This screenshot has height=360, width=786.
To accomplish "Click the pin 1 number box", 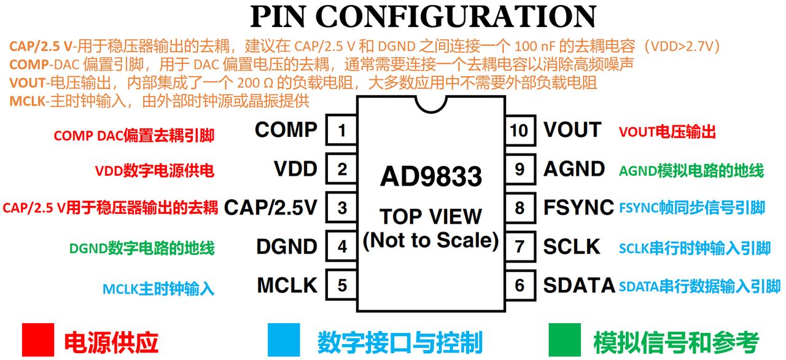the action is (341, 130).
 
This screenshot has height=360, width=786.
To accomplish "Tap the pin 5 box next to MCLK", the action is (341, 285).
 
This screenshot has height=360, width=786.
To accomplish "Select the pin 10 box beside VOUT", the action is (520, 130).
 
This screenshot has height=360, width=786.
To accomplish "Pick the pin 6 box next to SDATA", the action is (520, 285).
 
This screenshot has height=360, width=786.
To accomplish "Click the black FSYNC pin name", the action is (578, 208).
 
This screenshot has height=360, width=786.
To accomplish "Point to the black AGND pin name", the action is (574, 169).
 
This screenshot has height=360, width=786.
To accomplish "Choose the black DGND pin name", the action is (287, 246).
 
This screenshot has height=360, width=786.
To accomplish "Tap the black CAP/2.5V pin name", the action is (271, 208).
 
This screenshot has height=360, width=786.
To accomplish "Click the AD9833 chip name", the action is (431, 176).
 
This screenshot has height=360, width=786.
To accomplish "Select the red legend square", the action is (38, 340).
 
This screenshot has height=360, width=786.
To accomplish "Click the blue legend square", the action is (284, 340).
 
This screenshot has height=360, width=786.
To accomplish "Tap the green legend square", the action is (564, 340).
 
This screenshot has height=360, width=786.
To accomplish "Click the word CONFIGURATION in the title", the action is (456, 17).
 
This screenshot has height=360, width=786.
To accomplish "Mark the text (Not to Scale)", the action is (431, 241).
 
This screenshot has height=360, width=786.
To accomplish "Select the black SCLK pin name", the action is (572, 246).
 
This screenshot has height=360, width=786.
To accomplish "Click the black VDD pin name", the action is (295, 169).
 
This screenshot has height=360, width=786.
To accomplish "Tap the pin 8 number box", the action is (520, 208).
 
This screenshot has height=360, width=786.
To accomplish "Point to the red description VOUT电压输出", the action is (667, 132).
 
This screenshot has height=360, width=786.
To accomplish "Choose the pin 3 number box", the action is (341, 208).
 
